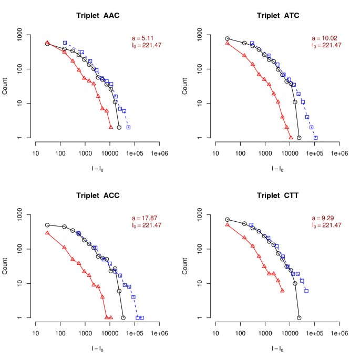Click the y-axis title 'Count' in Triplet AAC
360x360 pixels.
(x=7, y=86)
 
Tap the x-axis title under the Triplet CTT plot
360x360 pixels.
(x=276, y=348)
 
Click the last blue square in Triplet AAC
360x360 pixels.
(x=128, y=127)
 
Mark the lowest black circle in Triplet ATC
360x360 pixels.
(x=299, y=138)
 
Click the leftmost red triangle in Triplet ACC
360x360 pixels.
(x=47, y=233)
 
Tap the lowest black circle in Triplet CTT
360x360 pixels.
(x=299, y=318)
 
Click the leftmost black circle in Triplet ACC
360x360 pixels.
(x=47, y=225)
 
